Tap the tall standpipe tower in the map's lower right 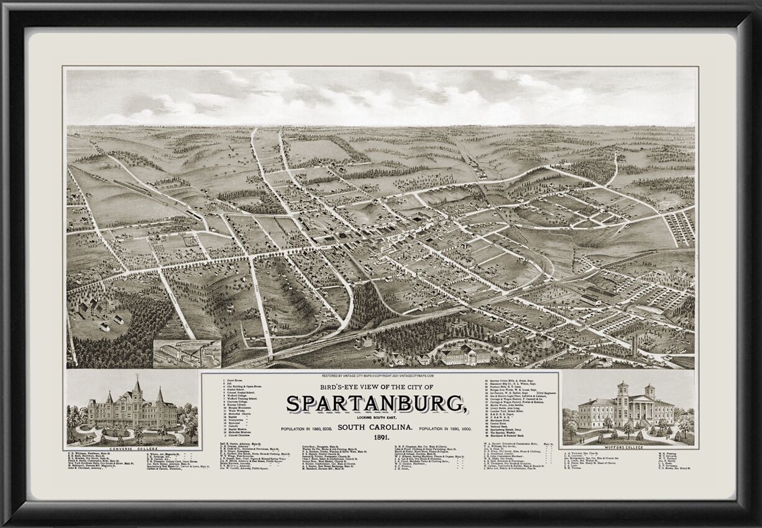(x=635, y=345)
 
